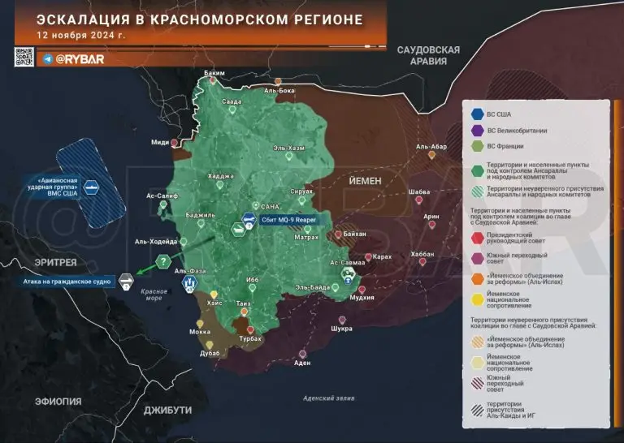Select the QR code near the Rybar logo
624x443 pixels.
(24, 57)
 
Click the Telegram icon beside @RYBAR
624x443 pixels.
(47, 58)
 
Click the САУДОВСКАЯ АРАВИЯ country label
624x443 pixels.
(428, 56)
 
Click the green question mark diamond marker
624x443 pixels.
(163, 261)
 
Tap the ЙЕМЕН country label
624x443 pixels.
(365, 180)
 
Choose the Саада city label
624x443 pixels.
(232, 101)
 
